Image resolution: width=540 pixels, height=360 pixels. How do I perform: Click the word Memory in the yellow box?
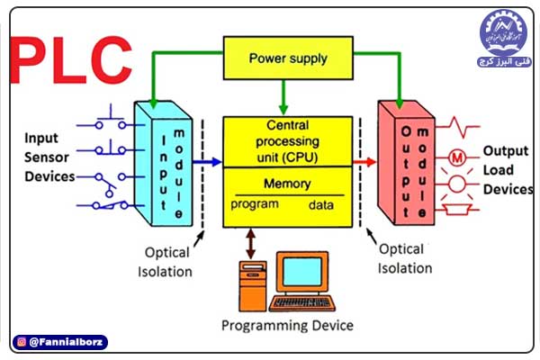pos(287,184)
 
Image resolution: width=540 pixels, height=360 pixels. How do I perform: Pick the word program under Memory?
pos(255,204)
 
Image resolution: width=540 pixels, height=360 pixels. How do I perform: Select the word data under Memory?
pos(321,205)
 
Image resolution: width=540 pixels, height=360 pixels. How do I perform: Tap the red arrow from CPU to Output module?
pos(364,163)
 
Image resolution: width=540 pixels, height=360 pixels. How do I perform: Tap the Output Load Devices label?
pos(507,170)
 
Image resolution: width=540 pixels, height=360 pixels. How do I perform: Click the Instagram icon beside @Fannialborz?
pos(20,342)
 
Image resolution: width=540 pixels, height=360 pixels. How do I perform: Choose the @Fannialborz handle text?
pos(67,342)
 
